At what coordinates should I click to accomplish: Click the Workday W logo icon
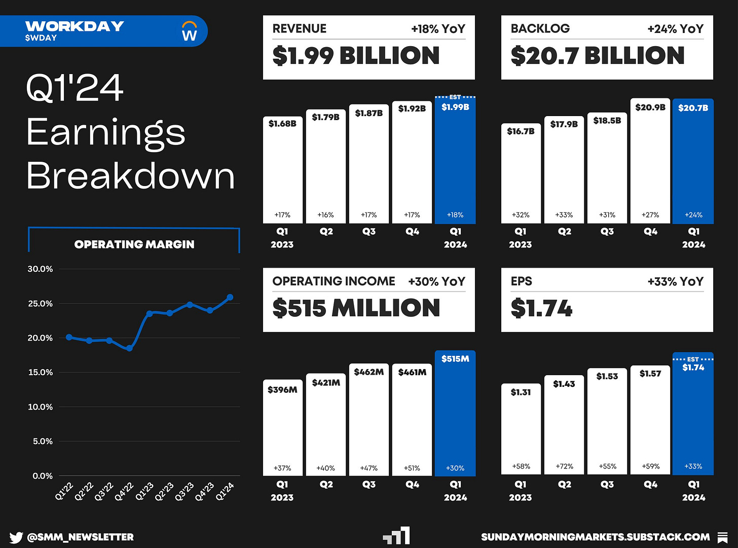pos(189,31)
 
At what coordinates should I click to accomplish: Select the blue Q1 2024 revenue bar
pos(455,162)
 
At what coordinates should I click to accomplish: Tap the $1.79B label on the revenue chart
pos(325,117)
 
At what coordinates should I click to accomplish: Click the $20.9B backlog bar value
pos(650,107)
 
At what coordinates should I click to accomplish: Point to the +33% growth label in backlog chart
pos(564,215)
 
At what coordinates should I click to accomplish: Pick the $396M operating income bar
pos(282,428)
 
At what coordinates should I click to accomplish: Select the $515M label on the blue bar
pos(455,359)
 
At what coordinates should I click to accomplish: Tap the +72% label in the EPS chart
pos(564,466)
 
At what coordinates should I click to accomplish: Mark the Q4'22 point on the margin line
pos(129,348)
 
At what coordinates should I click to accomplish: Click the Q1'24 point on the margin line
pos(230,298)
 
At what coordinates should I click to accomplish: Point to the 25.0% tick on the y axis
pos(40,304)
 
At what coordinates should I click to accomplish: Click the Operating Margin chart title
pos(134,244)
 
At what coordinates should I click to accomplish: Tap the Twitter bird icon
pos(16,537)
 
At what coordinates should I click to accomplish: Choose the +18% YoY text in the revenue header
pos(438,29)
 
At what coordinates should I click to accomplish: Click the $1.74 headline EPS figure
pos(541,308)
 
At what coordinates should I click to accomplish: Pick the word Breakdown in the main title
pos(131,176)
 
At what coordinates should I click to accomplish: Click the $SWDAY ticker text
pos(41,38)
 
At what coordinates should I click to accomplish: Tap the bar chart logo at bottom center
pos(397,536)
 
